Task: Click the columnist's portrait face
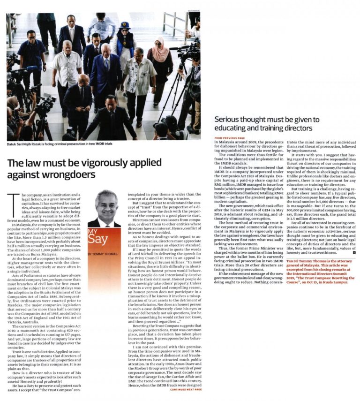[x=106, y=206]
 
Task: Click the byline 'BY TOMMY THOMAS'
[x=104, y=254]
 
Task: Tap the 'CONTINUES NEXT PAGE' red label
[x=186, y=389]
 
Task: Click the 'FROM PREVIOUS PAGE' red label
[x=230, y=138]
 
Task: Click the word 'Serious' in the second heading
[x=227, y=120]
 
